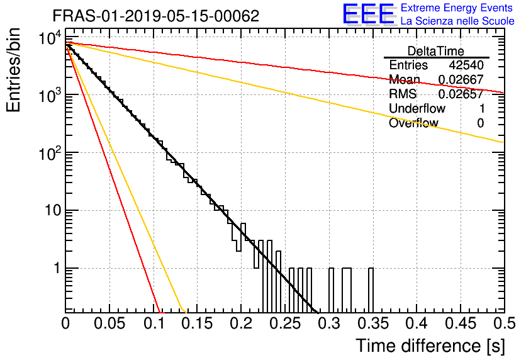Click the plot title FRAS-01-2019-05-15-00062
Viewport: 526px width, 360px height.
pyautogui.click(x=156, y=16)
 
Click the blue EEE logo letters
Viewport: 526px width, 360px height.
pyautogui.click(x=369, y=14)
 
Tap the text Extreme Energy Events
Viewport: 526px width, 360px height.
pyautogui.click(x=457, y=8)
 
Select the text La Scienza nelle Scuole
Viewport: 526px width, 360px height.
pyautogui.click(x=457, y=21)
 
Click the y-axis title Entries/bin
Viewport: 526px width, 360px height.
pyautogui.click(x=13, y=70)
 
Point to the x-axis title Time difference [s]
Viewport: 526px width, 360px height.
pyautogui.click(x=430, y=346)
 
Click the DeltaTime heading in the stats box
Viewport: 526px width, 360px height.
pyautogui.click(x=435, y=51)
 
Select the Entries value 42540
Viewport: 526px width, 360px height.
pyautogui.click(x=466, y=65)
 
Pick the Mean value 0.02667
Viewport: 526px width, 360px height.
pyautogui.click(x=461, y=79)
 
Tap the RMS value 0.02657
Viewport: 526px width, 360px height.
pyautogui.click(x=461, y=94)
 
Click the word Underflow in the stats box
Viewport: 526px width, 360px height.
pyautogui.click(x=417, y=108)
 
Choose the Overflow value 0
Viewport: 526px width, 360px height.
pyautogui.click(x=480, y=123)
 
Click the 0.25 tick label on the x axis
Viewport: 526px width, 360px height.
pyautogui.click(x=285, y=323)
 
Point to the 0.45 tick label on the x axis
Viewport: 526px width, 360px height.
pyautogui.click(x=461, y=323)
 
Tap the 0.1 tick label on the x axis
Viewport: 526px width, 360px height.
pyautogui.click(x=155, y=323)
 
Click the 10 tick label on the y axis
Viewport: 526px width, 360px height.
pyautogui.click(x=53, y=210)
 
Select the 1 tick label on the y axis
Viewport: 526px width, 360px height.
pyautogui.click(x=57, y=268)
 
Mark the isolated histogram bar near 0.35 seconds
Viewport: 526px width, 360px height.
pyautogui.click(x=371, y=291)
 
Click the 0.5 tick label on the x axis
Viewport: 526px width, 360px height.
pyautogui.click(x=505, y=323)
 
